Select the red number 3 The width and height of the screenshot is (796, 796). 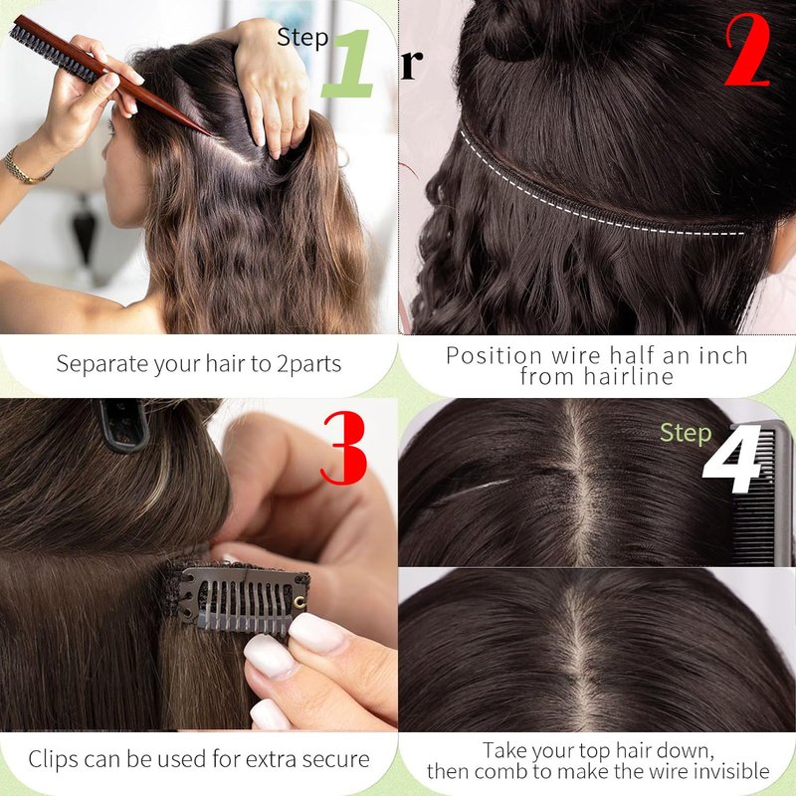click(343, 448)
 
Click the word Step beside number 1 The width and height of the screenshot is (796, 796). click(302, 38)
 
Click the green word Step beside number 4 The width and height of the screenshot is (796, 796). click(686, 433)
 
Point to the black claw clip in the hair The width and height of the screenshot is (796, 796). click(123, 426)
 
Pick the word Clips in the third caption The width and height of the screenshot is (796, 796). click(54, 759)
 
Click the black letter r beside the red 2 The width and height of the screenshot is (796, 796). click(411, 65)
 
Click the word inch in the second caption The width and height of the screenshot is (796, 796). click(723, 355)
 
